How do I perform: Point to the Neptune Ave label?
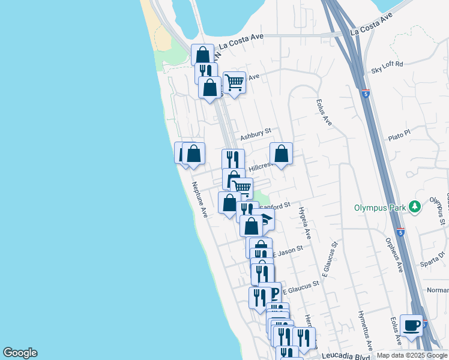(x=199, y=199)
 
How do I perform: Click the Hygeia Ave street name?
(x=304, y=221)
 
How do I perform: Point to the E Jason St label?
(x=288, y=251)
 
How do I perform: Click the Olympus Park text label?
(x=379, y=208)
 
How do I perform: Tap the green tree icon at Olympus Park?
(x=414, y=207)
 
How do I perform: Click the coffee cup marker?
(x=411, y=325)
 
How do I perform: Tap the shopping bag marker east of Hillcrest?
(x=281, y=154)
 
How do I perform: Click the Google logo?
(x=20, y=353)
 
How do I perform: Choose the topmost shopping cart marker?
(x=234, y=81)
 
